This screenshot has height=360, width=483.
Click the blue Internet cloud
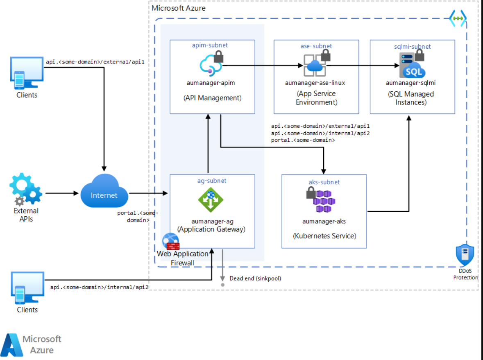point(104,190)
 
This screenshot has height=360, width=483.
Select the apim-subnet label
point(210,45)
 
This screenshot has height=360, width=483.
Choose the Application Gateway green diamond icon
point(211,200)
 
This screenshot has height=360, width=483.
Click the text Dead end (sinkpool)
point(255,278)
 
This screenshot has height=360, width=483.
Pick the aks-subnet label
point(324,182)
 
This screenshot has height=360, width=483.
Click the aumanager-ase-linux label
point(315,83)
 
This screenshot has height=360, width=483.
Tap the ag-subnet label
point(212,181)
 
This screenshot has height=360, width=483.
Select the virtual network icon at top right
point(458,18)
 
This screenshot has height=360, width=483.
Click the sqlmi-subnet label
point(413,47)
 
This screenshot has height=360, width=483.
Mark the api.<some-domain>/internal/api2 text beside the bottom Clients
point(100,287)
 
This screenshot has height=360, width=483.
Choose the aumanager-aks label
point(324,221)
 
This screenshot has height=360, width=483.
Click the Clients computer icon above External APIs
point(27,73)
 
